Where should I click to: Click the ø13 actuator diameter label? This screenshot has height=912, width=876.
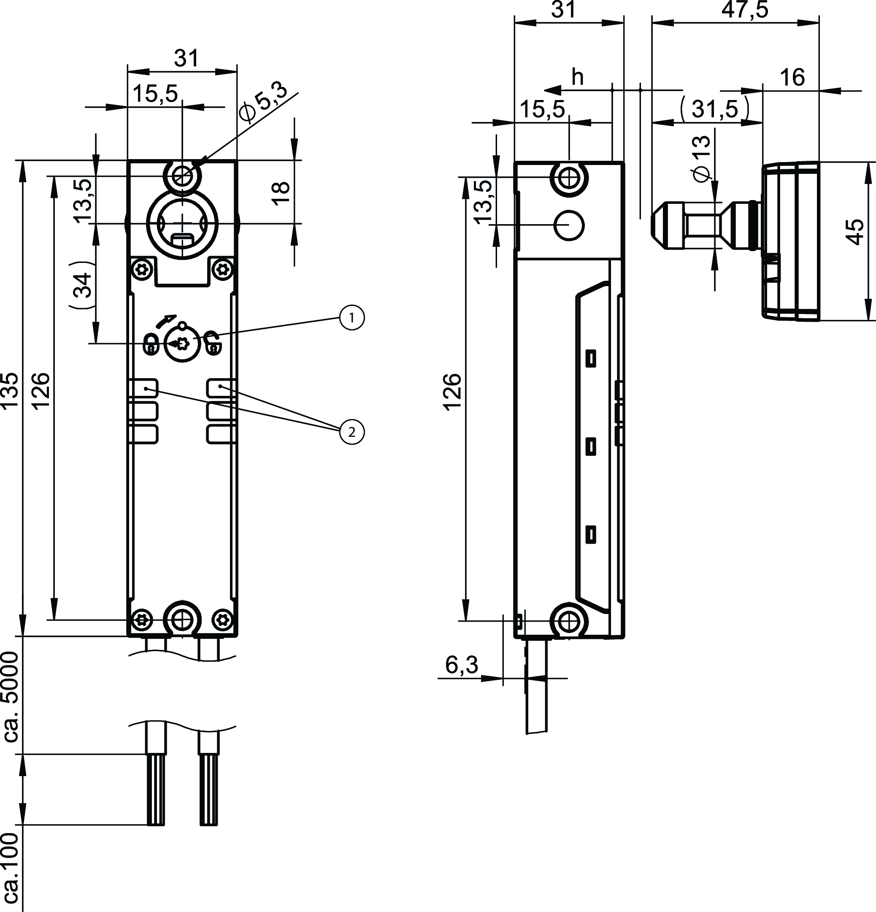(702, 158)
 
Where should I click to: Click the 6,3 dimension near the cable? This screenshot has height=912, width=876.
(462, 665)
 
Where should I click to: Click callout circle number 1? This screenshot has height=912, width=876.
(351, 318)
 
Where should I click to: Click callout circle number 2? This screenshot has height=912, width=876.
(351, 432)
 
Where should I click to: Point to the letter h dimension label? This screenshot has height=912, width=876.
(577, 78)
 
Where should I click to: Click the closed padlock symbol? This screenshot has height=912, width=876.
(150, 345)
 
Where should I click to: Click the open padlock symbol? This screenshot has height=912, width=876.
(213, 344)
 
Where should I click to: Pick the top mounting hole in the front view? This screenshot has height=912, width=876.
(182, 176)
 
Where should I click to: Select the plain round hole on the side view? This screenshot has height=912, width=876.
(569, 225)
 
